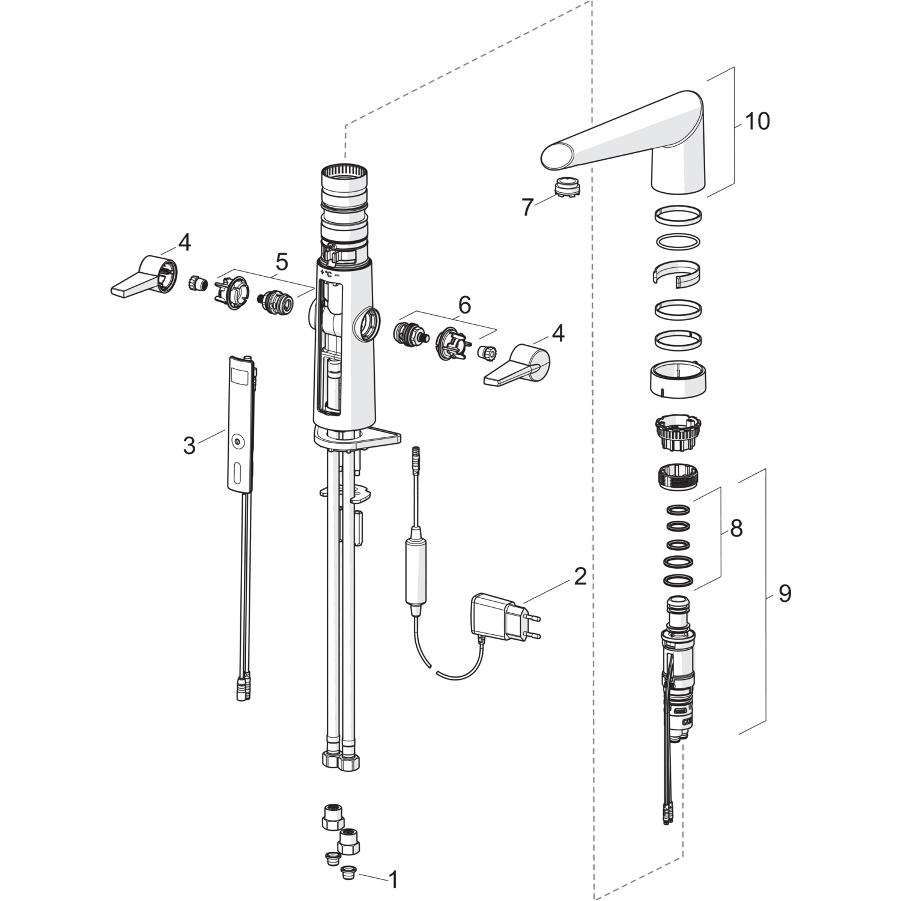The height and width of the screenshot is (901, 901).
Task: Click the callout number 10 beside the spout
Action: pos(757,121)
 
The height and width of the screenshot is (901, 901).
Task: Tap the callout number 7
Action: pos(527,208)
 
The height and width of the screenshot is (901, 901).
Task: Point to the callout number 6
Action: pos(464,305)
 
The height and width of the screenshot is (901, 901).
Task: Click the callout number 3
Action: pos(189,446)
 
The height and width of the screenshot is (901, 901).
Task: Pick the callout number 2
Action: pos(580,577)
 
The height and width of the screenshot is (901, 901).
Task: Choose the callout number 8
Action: pos(735,529)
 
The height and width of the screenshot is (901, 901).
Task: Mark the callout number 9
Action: pos(784,593)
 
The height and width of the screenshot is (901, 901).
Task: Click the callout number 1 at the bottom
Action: pos(393,880)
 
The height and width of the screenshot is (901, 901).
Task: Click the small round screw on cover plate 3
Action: pos(239,443)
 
